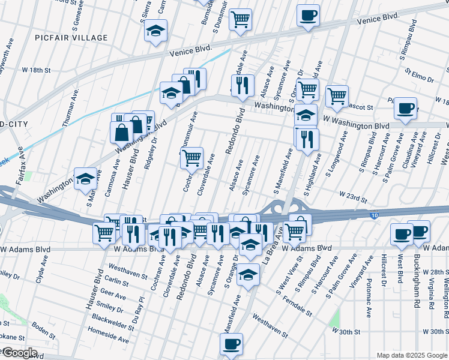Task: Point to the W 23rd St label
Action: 352,196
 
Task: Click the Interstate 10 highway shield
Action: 374,214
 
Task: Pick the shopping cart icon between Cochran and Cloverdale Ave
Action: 191,158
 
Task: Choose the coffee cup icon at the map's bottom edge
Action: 231,344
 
